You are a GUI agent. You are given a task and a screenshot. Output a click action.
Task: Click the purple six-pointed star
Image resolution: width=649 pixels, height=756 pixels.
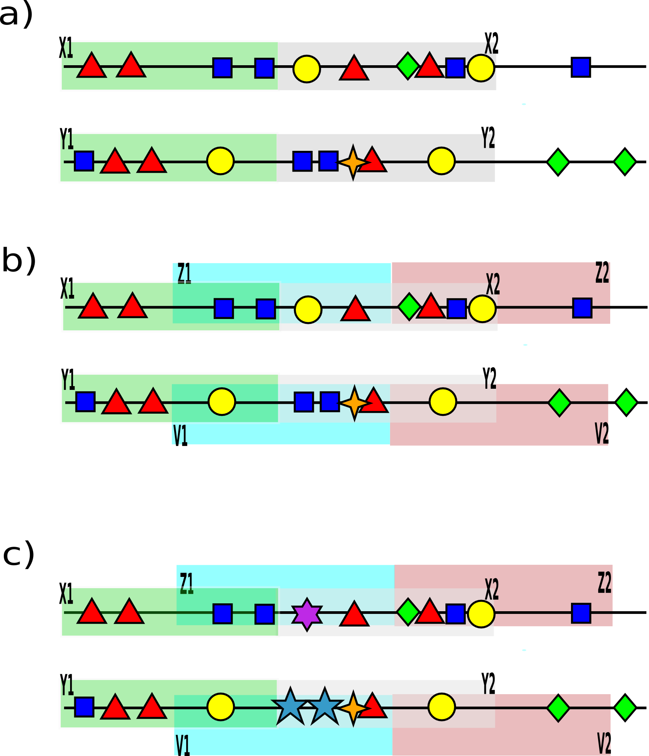tap(307, 615)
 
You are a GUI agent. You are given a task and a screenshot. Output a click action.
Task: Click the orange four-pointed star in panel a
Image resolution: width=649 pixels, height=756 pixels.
tap(353, 162)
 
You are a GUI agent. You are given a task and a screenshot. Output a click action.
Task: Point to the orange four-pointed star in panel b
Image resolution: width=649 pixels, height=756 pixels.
tap(355, 403)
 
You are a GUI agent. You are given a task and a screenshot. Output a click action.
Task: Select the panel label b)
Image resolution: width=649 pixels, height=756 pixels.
tap(19, 261)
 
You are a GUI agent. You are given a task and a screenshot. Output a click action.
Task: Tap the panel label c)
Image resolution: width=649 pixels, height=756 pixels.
tap(18, 555)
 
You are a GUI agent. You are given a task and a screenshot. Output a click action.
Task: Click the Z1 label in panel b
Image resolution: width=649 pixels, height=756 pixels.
tap(184, 273)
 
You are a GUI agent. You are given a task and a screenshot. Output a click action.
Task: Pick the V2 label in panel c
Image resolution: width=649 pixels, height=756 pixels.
tap(604, 744)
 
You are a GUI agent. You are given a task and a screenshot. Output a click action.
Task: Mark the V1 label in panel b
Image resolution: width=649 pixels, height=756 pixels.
tap(181, 436)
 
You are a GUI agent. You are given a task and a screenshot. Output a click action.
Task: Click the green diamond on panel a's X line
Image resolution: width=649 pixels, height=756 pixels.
tap(408, 66)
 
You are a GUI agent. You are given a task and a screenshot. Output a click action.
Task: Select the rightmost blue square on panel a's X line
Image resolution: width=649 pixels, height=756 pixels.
tap(581, 67)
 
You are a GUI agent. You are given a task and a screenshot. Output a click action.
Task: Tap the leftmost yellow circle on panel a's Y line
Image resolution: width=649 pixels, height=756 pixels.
tap(220, 161)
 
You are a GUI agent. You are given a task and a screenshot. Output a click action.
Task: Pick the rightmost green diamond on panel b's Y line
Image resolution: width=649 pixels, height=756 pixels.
tap(626, 403)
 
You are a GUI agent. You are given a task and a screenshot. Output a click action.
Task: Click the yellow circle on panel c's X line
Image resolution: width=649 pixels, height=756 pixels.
tap(481, 614)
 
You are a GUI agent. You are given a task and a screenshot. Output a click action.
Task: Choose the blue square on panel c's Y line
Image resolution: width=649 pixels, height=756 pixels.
tap(84, 707)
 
